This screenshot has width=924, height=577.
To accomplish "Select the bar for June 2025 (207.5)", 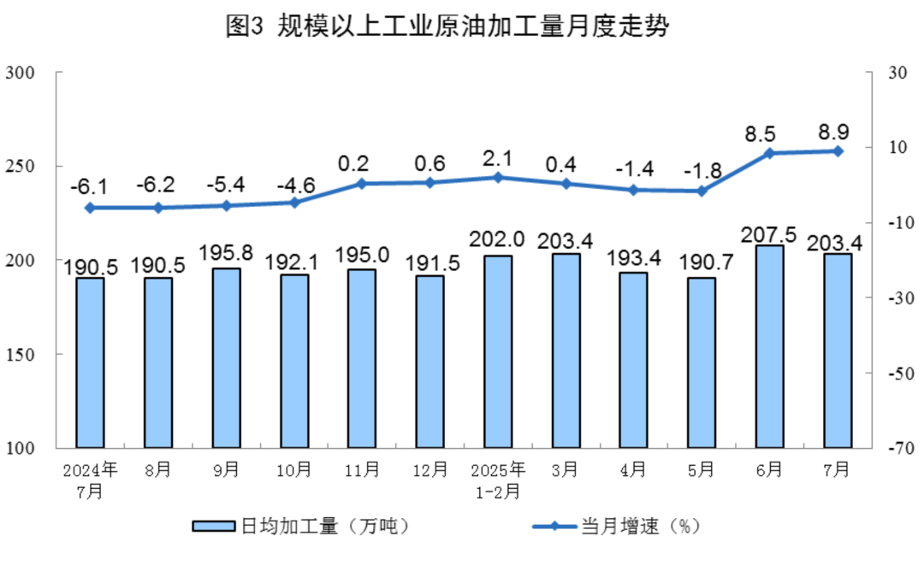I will (x=769, y=346).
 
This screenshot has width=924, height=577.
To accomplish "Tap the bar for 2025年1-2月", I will (x=497, y=350).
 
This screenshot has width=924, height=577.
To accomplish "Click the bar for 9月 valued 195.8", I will (x=226, y=357).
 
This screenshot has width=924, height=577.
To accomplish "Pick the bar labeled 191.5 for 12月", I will (x=429, y=361).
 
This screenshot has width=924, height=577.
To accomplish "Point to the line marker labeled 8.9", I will (x=838, y=151).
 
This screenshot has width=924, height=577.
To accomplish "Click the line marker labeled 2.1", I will (x=498, y=177).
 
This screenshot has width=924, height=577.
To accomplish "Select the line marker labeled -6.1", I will (x=90, y=208).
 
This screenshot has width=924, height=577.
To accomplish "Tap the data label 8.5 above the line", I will (x=760, y=134).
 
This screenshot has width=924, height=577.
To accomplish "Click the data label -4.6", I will (x=293, y=185).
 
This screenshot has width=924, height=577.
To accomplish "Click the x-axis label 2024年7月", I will (x=89, y=480).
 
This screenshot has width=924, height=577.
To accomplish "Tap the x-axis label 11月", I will (x=362, y=470).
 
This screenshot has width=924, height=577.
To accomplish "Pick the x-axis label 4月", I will (x=633, y=470).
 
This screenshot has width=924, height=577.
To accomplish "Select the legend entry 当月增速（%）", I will (x=616, y=526).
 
